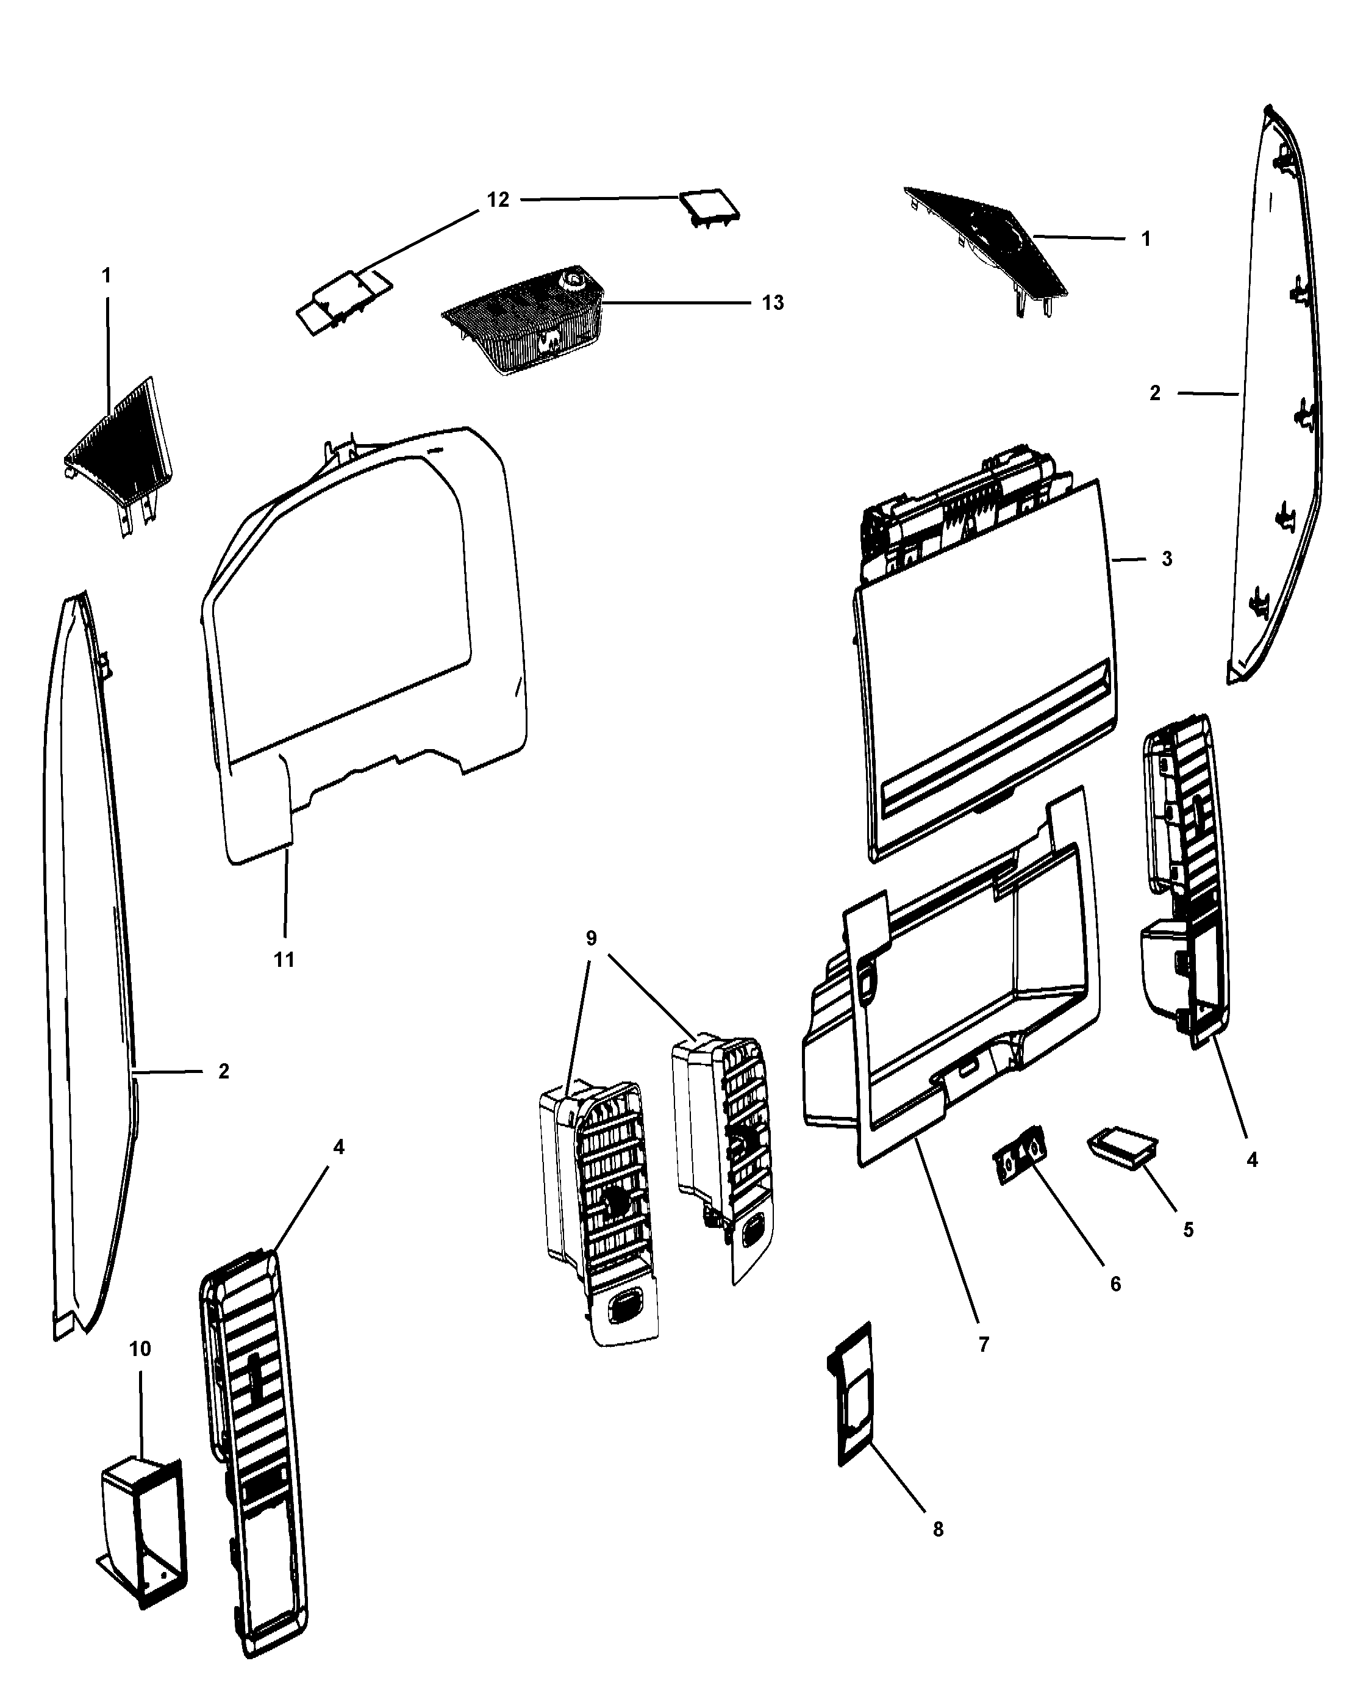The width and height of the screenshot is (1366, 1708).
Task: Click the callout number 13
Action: point(772,303)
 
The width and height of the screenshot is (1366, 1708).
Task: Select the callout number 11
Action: point(284,960)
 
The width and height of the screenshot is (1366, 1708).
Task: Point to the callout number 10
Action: point(140,1348)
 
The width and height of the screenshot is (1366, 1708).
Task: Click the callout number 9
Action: point(591,938)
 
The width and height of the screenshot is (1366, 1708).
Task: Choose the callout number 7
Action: point(984,1344)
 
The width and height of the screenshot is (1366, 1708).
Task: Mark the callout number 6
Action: point(1115,1283)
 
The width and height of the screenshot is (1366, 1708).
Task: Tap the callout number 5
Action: point(1188,1230)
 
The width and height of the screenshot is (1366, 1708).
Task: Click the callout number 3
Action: point(1167,559)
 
